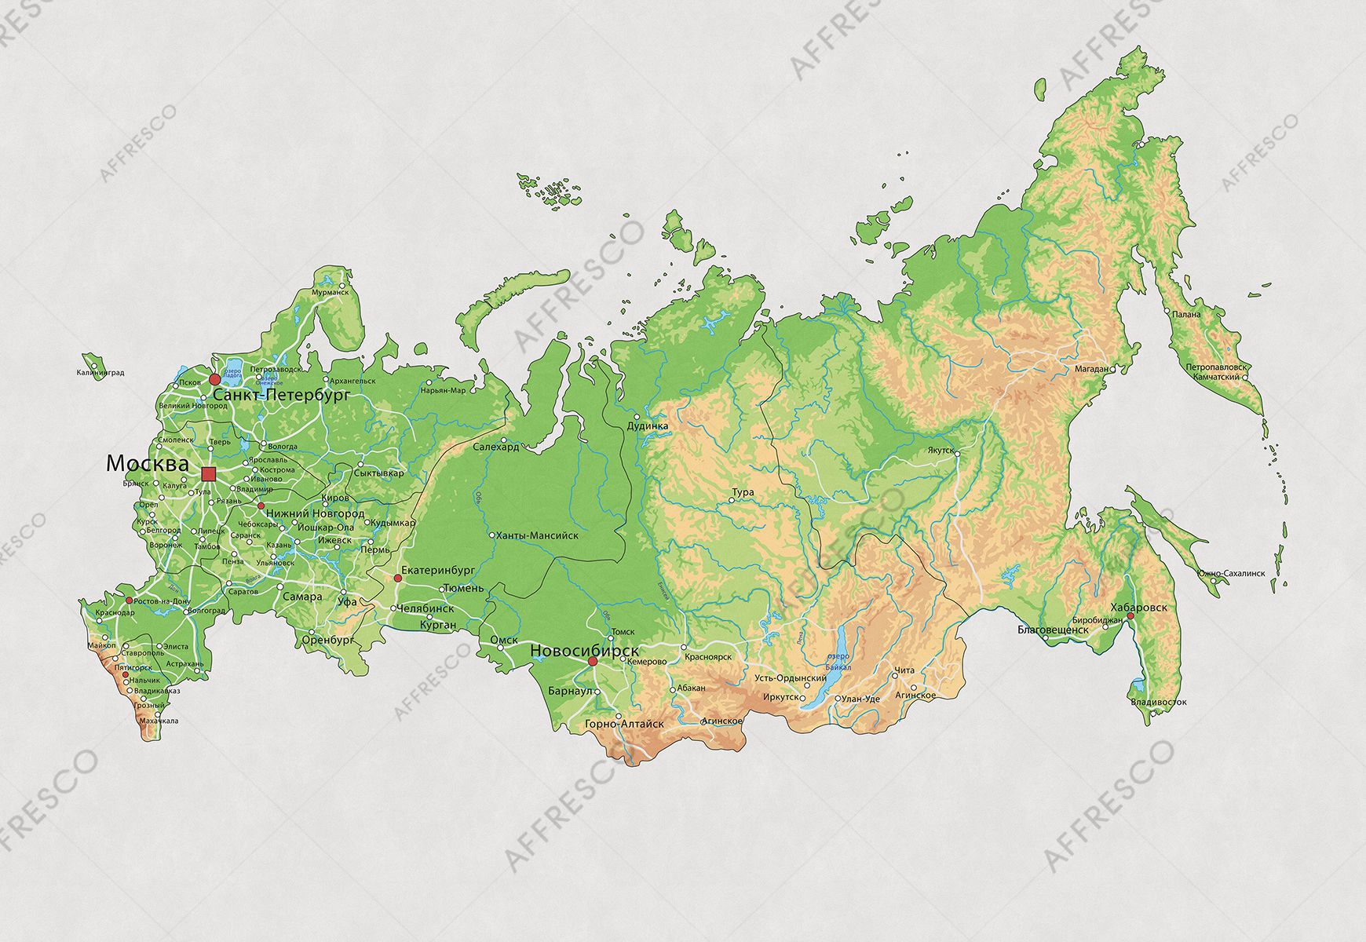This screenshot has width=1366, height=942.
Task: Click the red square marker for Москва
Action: point(208,473)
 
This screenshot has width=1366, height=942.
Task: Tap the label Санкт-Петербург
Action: point(281,396)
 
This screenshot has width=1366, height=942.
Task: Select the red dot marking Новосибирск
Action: point(593,662)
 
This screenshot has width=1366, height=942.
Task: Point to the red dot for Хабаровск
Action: point(1130,616)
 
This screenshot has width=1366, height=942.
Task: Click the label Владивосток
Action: point(1159,702)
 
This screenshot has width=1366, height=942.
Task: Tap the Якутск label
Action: point(940,451)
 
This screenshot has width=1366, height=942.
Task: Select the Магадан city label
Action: point(1091,368)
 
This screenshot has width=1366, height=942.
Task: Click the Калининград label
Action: point(100,373)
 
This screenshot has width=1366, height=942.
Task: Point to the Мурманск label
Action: point(330,292)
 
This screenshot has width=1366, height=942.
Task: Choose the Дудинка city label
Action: point(648,426)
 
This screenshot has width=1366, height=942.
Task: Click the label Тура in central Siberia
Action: point(743,492)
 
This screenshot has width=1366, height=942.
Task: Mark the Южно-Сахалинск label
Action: point(1231,573)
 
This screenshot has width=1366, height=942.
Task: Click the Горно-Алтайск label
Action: point(624,724)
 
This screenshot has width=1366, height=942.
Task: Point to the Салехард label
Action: point(496,447)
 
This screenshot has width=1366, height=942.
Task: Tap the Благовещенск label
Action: point(1052,630)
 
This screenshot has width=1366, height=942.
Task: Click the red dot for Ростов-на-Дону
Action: point(130,600)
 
